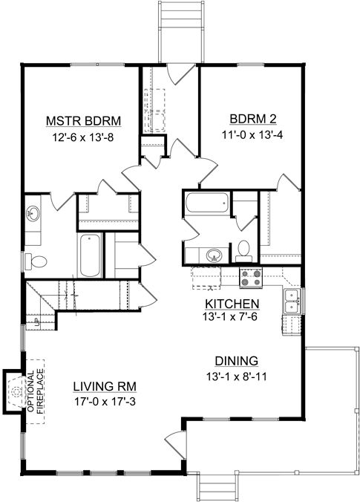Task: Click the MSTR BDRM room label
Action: (x=84, y=121)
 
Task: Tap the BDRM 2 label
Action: (x=253, y=119)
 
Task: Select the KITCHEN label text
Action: (x=232, y=304)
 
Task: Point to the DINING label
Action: (x=237, y=361)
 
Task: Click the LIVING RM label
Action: (x=105, y=386)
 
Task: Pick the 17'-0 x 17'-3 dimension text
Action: (x=105, y=402)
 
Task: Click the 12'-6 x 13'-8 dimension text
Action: (x=83, y=137)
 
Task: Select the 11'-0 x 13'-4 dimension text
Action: (x=252, y=135)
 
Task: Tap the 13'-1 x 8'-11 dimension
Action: (x=237, y=376)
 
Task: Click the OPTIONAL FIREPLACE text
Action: (x=35, y=391)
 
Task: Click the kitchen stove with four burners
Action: (x=251, y=278)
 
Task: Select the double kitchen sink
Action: (x=292, y=301)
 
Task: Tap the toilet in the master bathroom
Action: (x=36, y=261)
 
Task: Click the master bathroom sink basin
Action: (x=33, y=213)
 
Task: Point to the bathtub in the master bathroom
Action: (x=90, y=255)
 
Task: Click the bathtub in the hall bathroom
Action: (x=207, y=202)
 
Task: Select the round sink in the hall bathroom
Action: (x=214, y=255)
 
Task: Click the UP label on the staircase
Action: (x=36, y=322)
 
